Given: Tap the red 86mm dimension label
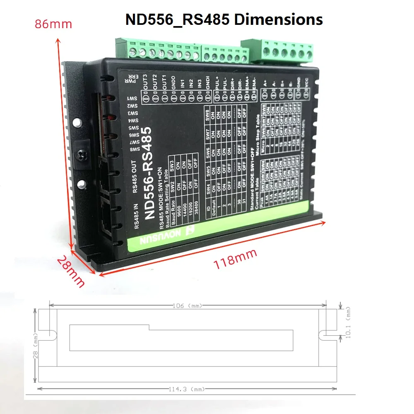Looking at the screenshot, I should [53, 24].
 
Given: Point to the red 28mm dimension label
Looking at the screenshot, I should [71, 271].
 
